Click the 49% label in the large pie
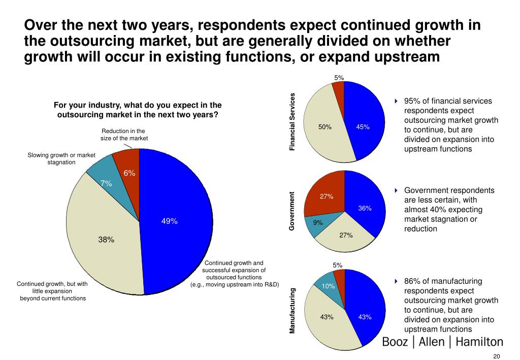point(169,221)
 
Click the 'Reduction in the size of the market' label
point(123,134)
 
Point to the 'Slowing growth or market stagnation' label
point(58,158)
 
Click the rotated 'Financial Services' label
point(292,122)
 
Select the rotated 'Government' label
point(292,211)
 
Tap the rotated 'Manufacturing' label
point(292,310)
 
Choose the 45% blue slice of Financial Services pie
point(363,127)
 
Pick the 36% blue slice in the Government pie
point(365,208)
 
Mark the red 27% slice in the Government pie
point(326,196)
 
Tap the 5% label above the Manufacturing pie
point(338,265)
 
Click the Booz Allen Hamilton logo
point(442,342)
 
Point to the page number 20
point(497,355)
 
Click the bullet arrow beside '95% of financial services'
point(397,101)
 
